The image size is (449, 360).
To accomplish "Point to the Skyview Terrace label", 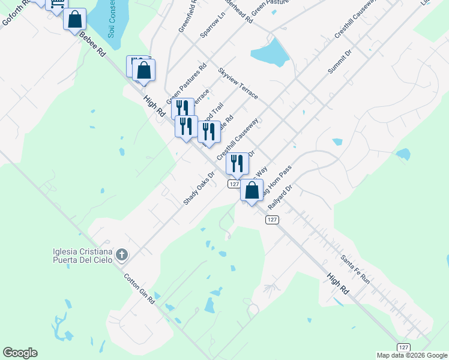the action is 238,83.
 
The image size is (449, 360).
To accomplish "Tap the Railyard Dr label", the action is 280,196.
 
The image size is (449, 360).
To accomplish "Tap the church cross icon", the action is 122,255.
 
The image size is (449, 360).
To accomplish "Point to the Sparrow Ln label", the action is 212,27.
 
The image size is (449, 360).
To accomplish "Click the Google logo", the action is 20,353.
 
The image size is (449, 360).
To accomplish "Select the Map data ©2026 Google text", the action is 412,355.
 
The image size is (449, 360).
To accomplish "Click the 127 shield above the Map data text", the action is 404,347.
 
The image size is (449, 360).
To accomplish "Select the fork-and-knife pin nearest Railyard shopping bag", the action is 237,163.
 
